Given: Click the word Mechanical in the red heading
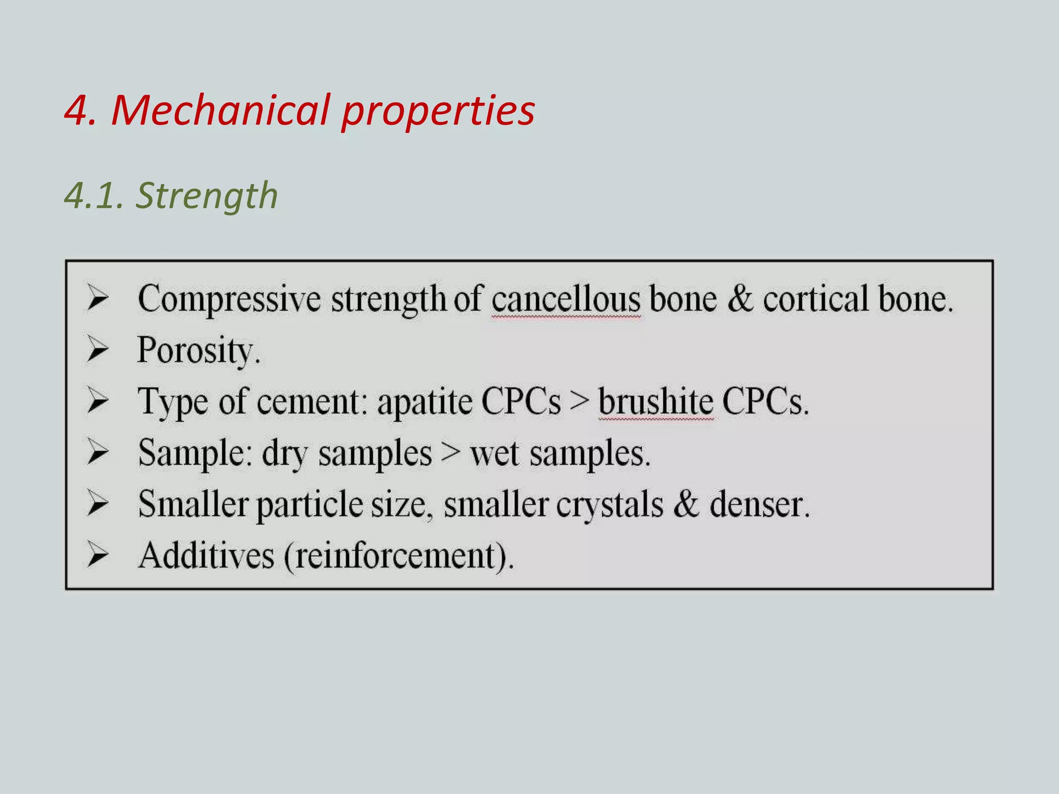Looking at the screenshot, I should [220, 110].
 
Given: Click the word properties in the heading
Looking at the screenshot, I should [438, 111].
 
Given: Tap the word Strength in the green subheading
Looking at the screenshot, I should [207, 196].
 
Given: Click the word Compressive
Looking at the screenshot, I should [229, 299].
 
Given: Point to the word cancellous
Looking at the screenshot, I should [566, 299].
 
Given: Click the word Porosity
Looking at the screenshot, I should [198, 350].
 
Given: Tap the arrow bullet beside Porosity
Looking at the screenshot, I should [97, 349].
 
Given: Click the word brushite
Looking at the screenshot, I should [656, 402].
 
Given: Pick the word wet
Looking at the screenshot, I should [494, 453].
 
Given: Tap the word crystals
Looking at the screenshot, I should [610, 505].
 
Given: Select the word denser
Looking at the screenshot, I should [759, 505].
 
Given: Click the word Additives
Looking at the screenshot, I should [206, 556].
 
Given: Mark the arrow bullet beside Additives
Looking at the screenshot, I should [97, 555].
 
